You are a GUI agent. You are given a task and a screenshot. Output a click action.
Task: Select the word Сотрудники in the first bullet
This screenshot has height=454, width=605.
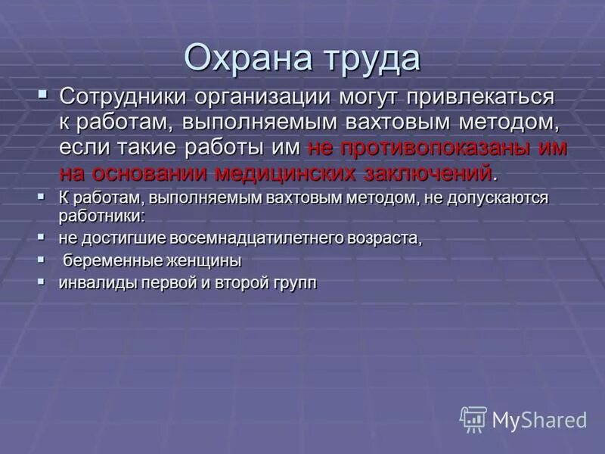point(123,97)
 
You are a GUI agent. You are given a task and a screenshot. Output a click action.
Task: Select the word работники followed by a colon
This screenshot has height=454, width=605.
point(101,215)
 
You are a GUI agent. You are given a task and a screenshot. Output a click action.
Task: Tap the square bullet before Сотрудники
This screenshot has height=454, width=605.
point(42,95)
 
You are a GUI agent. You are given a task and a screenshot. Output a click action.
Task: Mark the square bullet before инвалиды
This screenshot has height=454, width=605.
point(42,281)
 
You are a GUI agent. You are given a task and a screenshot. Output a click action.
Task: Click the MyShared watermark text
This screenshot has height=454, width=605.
point(539,420)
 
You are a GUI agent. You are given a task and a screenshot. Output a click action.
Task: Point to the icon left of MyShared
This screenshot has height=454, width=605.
point(473,419)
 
